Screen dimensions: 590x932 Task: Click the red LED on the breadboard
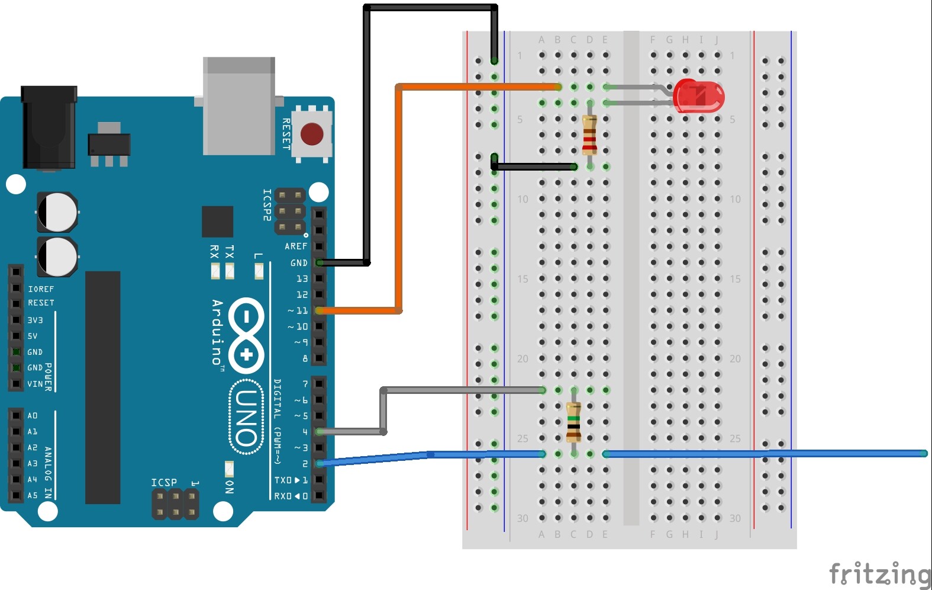pos(698,97)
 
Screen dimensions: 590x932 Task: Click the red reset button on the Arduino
pos(312,134)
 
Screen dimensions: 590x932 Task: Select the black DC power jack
pos(49,127)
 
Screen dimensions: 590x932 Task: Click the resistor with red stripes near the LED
pos(589,136)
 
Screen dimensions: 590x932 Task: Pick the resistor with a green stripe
pos(573,422)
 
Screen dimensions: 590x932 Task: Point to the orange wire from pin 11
pos(399,195)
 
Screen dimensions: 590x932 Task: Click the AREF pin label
pos(295,246)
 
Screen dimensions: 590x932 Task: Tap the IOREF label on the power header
pos(41,289)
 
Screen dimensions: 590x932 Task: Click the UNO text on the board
pos(246,418)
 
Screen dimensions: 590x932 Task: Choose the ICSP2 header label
pos(267,205)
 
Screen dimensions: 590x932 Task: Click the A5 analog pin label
pos(33,495)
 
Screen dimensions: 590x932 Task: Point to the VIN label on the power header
pos(35,384)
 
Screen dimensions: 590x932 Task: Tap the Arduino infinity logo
pos(246,335)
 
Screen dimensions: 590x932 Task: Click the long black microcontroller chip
pos(103,387)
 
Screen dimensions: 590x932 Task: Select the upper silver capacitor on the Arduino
pos(57,211)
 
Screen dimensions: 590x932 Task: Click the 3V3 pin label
pos(35,320)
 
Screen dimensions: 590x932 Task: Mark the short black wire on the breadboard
pos(533,166)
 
